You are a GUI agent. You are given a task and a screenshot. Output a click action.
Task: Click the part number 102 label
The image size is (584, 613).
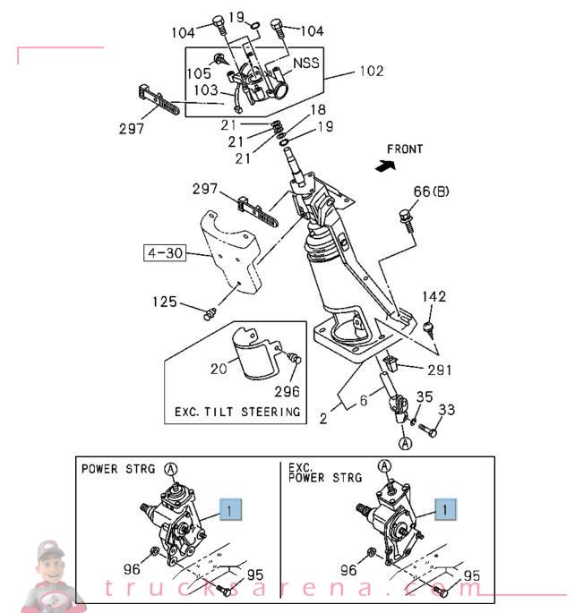tap(371, 71)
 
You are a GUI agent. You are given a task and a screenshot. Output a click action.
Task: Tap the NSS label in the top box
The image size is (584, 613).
tap(305, 64)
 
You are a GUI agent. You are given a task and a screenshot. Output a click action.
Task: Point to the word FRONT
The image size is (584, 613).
tap(405, 149)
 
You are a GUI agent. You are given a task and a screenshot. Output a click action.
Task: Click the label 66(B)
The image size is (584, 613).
tap(431, 192)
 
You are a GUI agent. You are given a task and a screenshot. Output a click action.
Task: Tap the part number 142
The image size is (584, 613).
tap(434, 297)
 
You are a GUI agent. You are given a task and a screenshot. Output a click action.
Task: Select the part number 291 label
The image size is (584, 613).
tap(440, 369)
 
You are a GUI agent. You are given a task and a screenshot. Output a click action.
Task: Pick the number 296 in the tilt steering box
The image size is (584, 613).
tap(287, 391)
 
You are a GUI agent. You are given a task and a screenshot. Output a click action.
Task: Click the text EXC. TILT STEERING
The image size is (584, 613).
tap(236, 412)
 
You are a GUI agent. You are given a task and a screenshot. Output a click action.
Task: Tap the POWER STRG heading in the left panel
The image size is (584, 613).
tap(118, 468)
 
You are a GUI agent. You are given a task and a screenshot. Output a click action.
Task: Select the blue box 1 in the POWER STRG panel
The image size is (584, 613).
tap(230, 510)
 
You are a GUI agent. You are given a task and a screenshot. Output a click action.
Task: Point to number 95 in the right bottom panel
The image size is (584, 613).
tap(471, 575)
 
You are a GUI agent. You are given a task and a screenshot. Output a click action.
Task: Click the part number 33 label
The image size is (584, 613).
tap(446, 411)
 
